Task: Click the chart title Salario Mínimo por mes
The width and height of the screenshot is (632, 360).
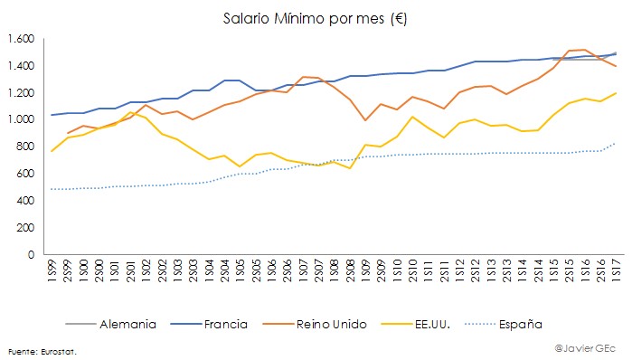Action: (315, 18)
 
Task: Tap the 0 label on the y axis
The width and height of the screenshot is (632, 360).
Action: (31, 254)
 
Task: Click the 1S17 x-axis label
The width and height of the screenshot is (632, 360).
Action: (617, 274)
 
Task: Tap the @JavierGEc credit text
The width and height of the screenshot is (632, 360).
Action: (586, 346)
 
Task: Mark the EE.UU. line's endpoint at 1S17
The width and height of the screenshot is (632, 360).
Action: (617, 93)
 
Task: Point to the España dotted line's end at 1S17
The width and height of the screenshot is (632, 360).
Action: (617, 143)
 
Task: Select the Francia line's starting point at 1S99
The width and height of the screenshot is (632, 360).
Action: (52, 115)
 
